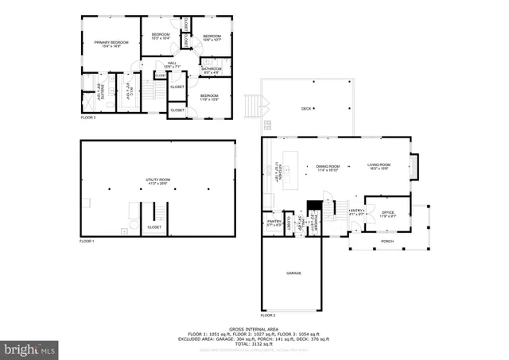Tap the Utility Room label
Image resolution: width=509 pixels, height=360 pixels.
(157, 182)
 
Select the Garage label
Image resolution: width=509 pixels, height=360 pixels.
(293, 273)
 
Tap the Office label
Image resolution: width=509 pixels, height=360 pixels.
(387, 213)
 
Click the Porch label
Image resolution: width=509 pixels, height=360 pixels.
(387, 242)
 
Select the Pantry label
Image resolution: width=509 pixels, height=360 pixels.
(274, 223)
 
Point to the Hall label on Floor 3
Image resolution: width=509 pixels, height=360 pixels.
(172, 65)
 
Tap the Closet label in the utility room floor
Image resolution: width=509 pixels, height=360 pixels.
(154, 227)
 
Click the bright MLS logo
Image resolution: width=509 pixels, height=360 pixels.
(29, 348)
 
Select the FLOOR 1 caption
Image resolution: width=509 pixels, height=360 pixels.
(87, 240)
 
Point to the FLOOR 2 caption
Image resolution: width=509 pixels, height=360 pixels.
(269, 315)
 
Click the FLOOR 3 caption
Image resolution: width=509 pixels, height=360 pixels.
(88, 118)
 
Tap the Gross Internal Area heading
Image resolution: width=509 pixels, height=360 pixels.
(252, 328)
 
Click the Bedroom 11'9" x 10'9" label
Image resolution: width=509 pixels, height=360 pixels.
(210, 98)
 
